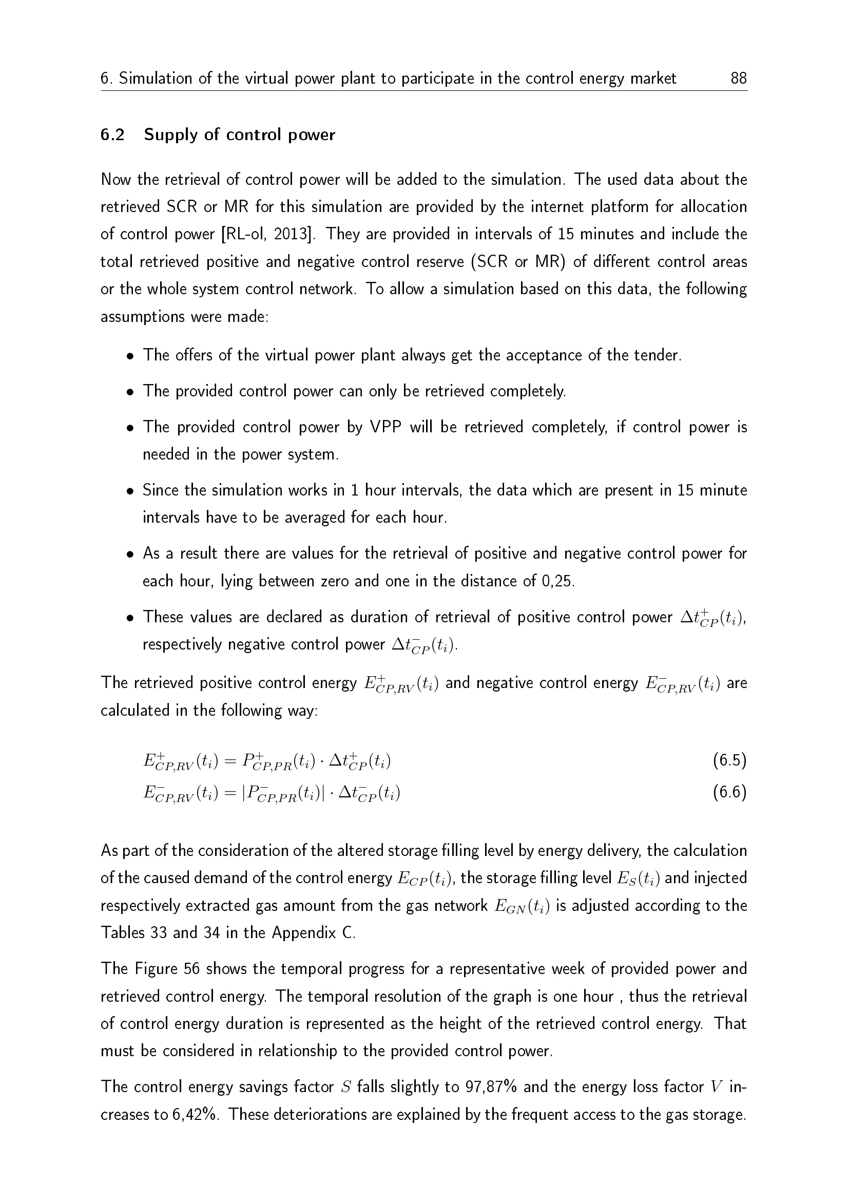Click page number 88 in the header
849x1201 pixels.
[738, 79]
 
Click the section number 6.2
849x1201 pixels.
[112, 135]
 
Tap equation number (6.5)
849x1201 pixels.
[729, 760]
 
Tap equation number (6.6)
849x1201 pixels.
[729, 793]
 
